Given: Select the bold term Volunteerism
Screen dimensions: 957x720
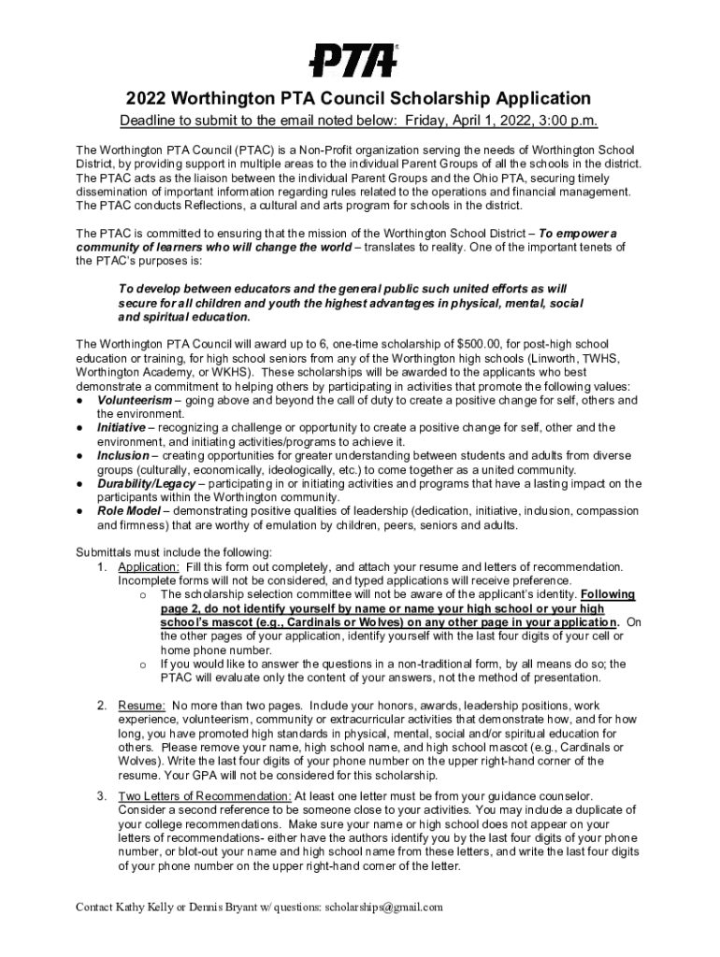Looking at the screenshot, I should (x=135, y=400).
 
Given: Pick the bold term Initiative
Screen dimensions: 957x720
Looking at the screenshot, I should (x=121, y=428).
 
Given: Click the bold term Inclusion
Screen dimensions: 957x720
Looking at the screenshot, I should (x=122, y=456).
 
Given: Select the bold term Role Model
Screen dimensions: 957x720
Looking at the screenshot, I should (x=129, y=512).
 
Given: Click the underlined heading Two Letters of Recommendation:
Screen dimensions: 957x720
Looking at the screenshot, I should (x=205, y=796).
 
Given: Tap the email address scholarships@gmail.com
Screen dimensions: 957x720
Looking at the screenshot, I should (x=377, y=907).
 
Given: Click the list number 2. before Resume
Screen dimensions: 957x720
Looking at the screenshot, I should (x=103, y=706).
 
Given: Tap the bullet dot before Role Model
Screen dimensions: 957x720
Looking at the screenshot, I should (x=80, y=512).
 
